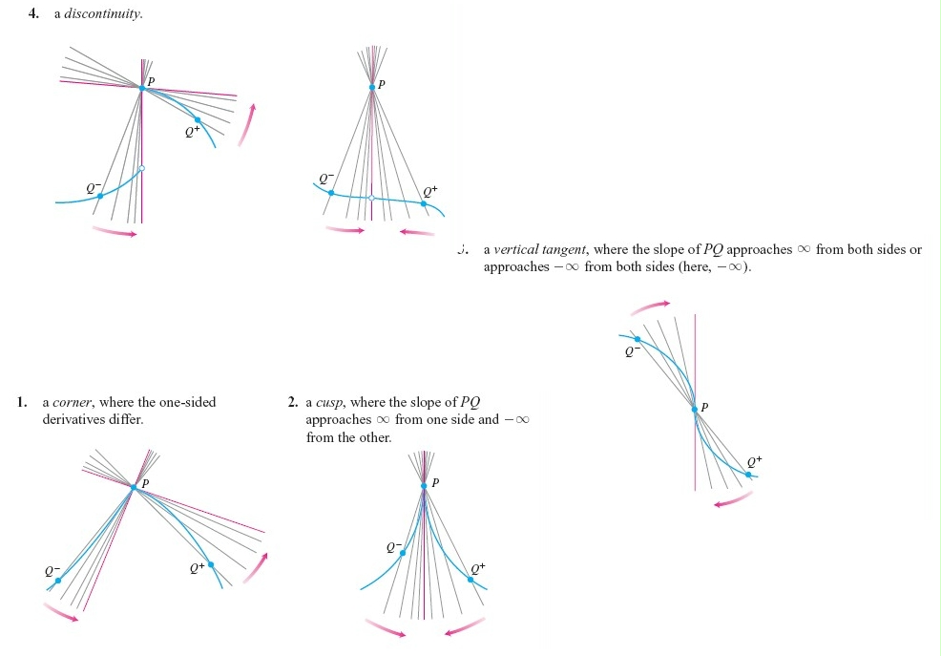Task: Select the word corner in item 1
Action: (x=73, y=402)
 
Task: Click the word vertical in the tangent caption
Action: (x=516, y=250)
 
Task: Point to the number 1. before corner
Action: (x=22, y=402)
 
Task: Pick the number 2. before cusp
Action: (x=294, y=402)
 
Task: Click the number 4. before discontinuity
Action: (x=34, y=14)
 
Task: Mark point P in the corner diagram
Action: (x=133, y=486)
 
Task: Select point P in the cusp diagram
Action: (x=423, y=488)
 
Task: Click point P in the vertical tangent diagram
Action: (x=695, y=409)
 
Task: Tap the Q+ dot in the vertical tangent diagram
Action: (x=748, y=474)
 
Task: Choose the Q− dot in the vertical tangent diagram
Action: (x=638, y=339)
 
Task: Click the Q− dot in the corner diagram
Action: (x=58, y=580)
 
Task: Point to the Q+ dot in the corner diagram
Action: (x=211, y=564)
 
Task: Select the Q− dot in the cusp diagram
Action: (x=402, y=553)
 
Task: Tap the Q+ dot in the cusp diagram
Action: (x=470, y=579)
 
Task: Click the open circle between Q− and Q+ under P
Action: (x=371, y=198)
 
